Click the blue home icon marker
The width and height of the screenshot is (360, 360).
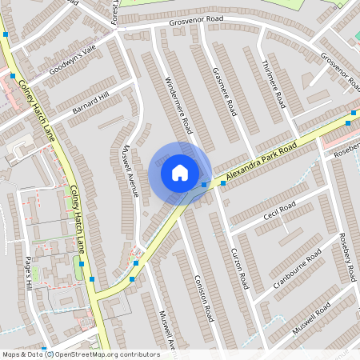(x=180, y=172)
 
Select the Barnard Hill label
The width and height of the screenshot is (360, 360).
(x=90, y=105)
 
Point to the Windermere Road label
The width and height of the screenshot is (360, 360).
(x=178, y=105)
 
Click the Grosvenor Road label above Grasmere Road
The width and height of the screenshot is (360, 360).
(x=196, y=21)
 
